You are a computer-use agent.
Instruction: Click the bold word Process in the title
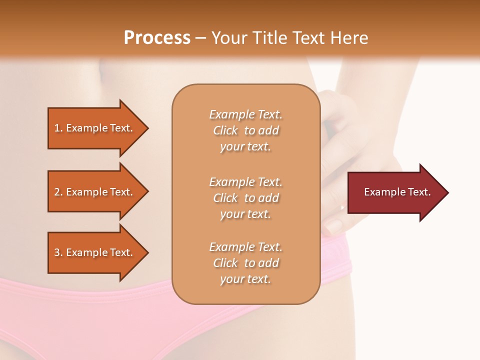click(x=157, y=37)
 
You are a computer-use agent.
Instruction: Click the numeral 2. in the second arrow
click(x=58, y=192)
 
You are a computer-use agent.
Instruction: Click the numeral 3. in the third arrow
click(x=58, y=252)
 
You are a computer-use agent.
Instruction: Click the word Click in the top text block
click(x=225, y=130)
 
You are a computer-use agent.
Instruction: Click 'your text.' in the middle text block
click(x=245, y=214)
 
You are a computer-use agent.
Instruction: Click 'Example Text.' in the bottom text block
click(x=245, y=247)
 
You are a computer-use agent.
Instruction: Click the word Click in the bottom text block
click(x=225, y=263)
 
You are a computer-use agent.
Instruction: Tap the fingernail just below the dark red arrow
click(x=334, y=226)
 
